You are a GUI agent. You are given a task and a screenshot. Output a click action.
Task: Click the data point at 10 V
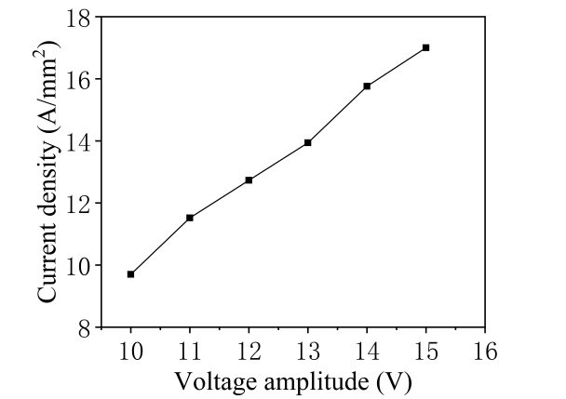pos(131,274)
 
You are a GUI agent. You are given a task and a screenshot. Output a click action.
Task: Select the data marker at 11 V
pos(190,218)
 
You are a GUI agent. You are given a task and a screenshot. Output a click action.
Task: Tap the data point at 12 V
pos(249,180)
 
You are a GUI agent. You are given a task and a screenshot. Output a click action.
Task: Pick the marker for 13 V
pos(307,142)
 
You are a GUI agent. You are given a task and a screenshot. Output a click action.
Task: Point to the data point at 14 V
pos(367,86)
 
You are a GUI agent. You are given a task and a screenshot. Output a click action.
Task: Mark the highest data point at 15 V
pos(425,47)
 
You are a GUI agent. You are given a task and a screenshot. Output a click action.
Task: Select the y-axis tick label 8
pos(84,327)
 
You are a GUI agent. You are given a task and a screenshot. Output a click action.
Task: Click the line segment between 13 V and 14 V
pos(337,114)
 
